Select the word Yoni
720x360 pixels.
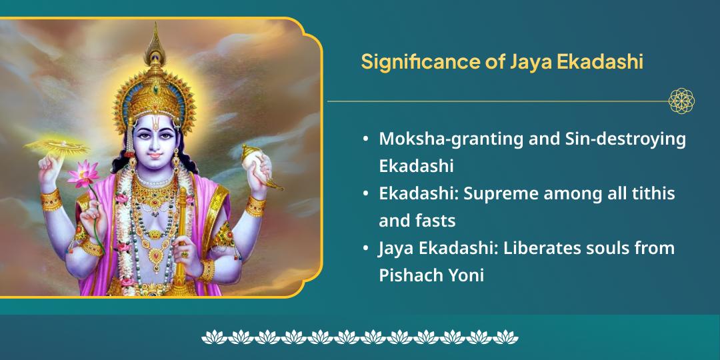pos(463,274)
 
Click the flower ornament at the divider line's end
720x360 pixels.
pos(681,101)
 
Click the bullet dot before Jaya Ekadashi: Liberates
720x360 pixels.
pos(365,249)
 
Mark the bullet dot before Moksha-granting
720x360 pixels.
pos(365,139)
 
